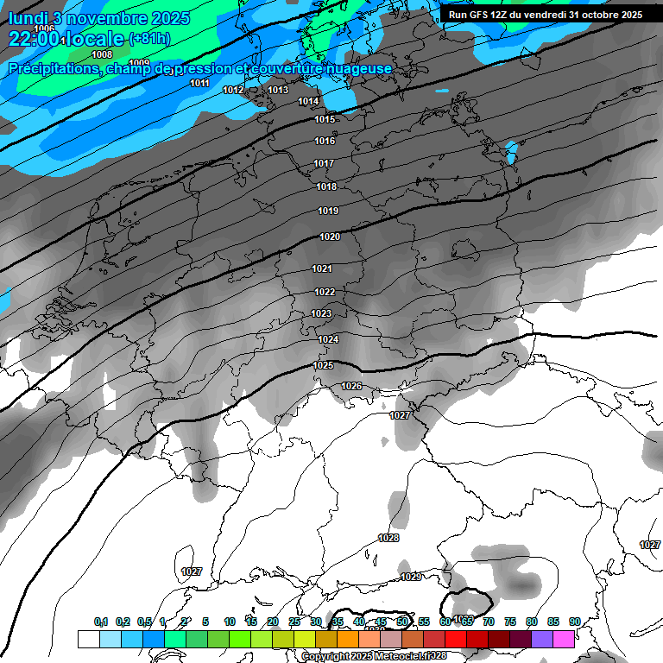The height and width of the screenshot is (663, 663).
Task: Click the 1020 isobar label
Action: tap(330, 237)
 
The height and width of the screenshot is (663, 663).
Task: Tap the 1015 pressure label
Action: tap(325, 119)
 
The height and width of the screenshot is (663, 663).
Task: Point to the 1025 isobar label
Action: tap(323, 365)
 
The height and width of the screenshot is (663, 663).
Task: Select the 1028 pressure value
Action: tap(388, 538)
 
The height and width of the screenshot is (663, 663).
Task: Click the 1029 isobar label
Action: tap(411, 577)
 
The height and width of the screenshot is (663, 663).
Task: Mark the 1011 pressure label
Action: tap(199, 83)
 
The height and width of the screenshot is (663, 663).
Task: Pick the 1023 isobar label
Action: tap(321, 313)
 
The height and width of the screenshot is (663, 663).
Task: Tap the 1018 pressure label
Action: tap(326, 186)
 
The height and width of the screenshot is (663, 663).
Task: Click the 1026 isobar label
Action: tap(351, 386)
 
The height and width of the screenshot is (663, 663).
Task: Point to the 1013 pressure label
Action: tap(278, 90)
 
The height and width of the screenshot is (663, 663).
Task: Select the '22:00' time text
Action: tap(34, 39)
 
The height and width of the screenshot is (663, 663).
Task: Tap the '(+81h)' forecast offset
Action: tap(149, 39)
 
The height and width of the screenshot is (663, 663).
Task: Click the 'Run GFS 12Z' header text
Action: tap(482, 15)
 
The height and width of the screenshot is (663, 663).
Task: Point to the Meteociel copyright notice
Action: tap(374, 656)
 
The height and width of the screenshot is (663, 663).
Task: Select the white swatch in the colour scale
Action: tap(88, 639)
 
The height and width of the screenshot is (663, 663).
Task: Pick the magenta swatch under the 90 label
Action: tap(564, 639)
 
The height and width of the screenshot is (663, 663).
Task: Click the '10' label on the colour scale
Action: tap(229, 622)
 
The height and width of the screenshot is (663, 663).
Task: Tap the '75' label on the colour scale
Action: tap(510, 622)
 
